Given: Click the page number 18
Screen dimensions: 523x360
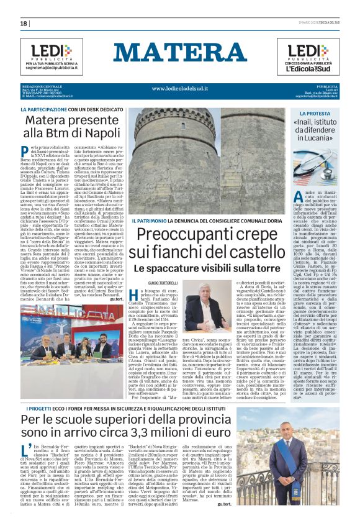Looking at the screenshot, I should click(x=24, y=23).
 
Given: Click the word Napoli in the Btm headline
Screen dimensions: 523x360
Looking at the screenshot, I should click(x=84, y=133).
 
